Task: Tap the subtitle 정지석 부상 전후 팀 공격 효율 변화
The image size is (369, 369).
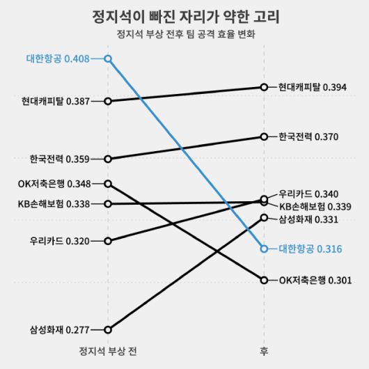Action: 184,33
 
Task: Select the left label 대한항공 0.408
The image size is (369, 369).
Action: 58,59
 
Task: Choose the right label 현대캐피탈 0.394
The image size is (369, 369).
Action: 308,87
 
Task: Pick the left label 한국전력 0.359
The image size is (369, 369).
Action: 60,159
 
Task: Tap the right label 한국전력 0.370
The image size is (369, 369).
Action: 308,136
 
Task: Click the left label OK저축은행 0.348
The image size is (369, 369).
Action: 54,184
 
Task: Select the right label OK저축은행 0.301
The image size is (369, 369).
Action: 315,280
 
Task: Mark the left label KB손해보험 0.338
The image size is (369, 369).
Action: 54,204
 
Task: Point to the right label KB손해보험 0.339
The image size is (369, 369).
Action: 315,206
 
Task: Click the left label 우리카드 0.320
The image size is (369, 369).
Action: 60,242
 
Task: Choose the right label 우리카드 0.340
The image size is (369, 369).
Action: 308,194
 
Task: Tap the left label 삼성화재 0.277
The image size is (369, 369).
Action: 60,329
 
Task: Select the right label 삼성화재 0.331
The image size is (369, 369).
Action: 308,219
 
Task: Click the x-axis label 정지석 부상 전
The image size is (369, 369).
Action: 108,350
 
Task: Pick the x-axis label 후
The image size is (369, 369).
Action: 264,350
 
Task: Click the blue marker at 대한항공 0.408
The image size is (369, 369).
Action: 108,59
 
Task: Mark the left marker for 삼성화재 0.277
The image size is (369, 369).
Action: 108,329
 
